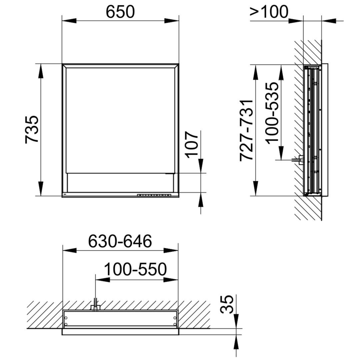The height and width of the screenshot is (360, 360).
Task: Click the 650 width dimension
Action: (x=120, y=12)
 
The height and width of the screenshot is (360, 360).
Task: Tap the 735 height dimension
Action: (x=32, y=129)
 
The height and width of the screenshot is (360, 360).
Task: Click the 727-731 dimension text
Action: (x=246, y=130)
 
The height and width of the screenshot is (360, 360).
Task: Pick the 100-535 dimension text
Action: (x=273, y=113)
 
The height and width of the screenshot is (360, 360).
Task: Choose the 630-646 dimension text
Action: (x=120, y=241)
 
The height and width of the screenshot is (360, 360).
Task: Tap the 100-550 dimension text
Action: (x=135, y=269)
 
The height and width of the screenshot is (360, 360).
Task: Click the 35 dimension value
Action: (x=227, y=304)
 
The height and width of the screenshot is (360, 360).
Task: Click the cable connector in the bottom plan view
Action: (x=96, y=306)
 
